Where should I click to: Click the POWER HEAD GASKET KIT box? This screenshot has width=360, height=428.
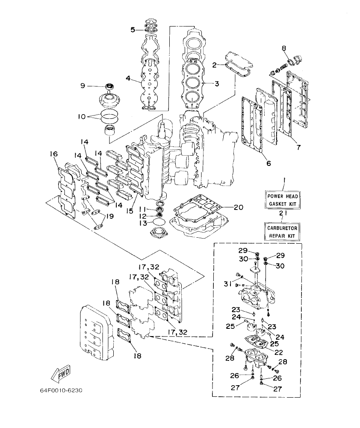tap(282, 199)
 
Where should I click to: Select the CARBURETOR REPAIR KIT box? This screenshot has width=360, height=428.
tap(282, 231)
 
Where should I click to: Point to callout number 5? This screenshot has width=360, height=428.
tap(133, 30)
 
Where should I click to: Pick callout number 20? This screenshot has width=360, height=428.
tap(238, 207)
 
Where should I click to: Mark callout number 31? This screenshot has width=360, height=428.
tap(227, 283)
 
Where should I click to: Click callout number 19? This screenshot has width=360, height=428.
tap(110, 216)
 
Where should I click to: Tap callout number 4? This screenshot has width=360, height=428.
tap(127, 79)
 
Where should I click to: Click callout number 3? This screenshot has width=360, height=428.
tap(217, 84)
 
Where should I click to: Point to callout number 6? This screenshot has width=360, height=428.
tap(269, 163)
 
